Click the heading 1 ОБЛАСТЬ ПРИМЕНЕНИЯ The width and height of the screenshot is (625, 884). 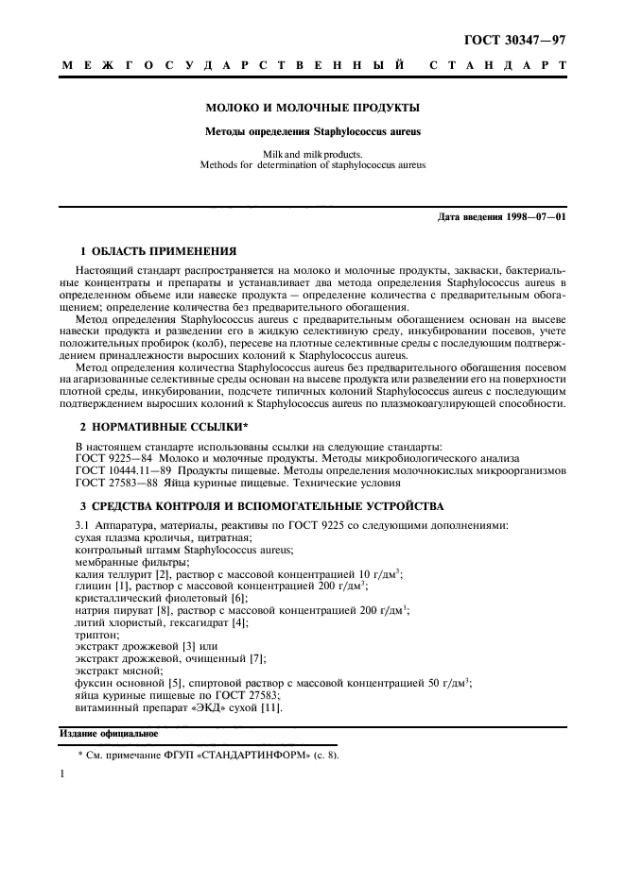tap(151, 252)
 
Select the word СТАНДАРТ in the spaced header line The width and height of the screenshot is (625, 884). tap(497, 66)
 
